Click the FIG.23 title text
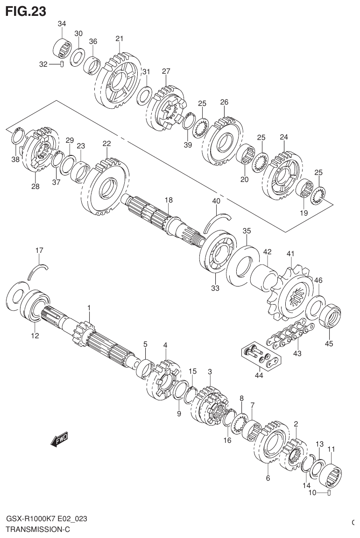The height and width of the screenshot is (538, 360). pos(26,11)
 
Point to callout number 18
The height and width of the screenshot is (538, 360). pos(169,200)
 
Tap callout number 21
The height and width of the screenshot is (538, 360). pos(120,38)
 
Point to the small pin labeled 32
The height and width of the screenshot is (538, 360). pos(62,64)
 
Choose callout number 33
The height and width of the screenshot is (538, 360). pos(215,288)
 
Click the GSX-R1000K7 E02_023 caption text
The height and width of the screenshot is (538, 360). pos(46,519)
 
